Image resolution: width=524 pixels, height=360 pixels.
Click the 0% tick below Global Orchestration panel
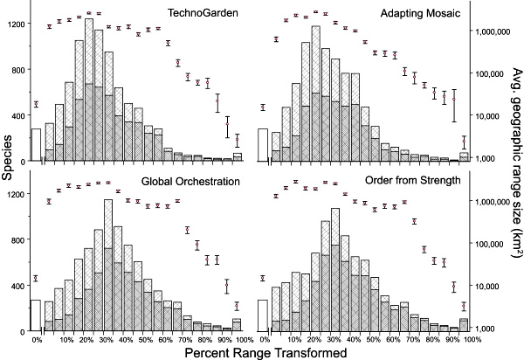pos(37,339)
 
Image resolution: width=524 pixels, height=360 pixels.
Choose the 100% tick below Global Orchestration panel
pos(243,339)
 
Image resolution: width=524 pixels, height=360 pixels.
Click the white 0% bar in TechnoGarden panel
pos(36,143)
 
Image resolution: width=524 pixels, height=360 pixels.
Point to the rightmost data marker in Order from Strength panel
pos(464,304)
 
